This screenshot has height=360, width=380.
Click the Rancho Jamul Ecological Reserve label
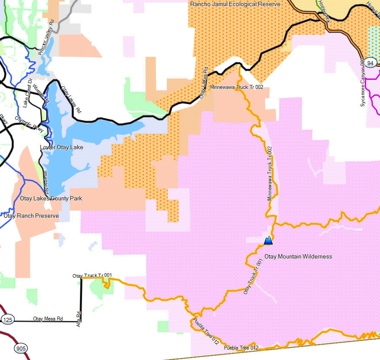pyautogui.click(x=235, y=4)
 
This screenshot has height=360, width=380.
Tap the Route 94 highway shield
pyautogui.click(x=370, y=63)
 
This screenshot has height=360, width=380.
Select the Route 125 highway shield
pyautogui.click(x=7, y=320)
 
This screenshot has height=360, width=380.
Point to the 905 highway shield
pyautogui.click(x=20, y=348)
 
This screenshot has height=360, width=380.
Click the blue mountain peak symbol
pyautogui.click(x=268, y=240)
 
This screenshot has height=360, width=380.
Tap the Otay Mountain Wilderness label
pyautogui.click(x=298, y=256)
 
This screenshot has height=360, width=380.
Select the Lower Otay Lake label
pyautogui.click(x=61, y=147)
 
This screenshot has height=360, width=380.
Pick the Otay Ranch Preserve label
pyautogui.click(x=31, y=216)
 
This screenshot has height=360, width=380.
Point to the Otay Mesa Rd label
pyautogui.click(x=48, y=319)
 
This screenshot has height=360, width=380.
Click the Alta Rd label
pyautogui.click(x=79, y=319)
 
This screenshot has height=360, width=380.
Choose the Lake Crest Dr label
pyautogui.click(x=28, y=93)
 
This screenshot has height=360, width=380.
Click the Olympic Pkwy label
pyautogui.click(x=29, y=124)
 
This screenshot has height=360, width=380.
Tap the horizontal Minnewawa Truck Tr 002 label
pyautogui.click(x=236, y=87)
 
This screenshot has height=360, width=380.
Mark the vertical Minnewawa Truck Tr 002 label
pyautogui.click(x=270, y=173)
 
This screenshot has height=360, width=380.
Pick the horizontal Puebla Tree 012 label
pyautogui.click(x=241, y=348)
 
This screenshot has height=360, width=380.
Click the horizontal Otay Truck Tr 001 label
pyautogui.click(x=92, y=275)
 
